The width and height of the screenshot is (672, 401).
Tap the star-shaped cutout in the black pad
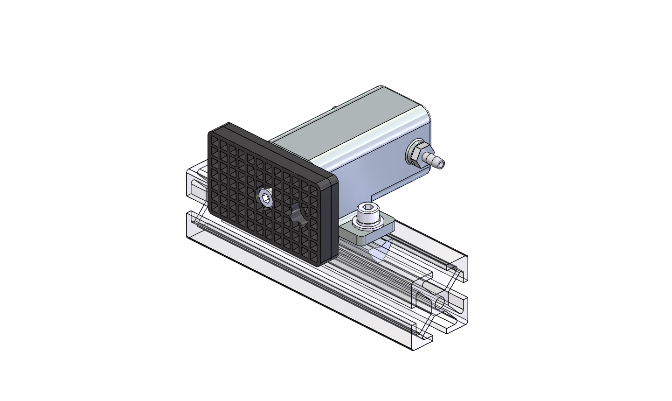(298, 215)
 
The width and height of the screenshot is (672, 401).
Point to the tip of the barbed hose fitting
(440, 164)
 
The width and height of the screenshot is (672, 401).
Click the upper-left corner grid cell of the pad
(215, 139)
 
